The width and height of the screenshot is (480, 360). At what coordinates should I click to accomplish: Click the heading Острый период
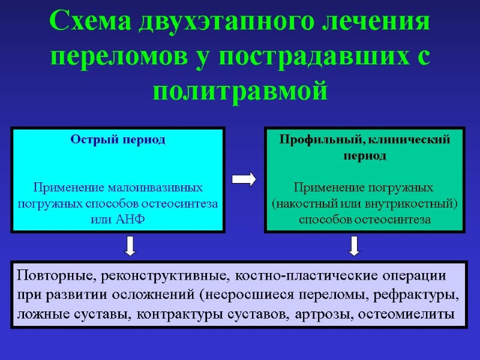coord(118,139)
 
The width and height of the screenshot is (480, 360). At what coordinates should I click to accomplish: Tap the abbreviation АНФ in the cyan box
coord(131,219)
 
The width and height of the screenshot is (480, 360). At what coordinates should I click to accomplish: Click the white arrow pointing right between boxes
coord(244,179)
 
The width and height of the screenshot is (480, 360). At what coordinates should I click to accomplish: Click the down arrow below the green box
coord(354,245)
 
